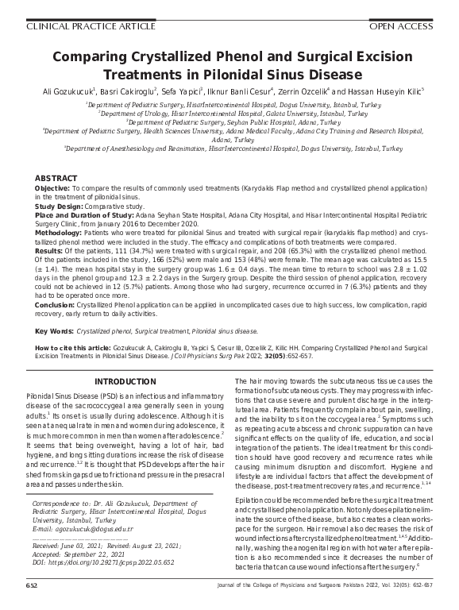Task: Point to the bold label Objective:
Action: (x=53, y=187)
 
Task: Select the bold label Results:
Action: (x=50, y=249)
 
